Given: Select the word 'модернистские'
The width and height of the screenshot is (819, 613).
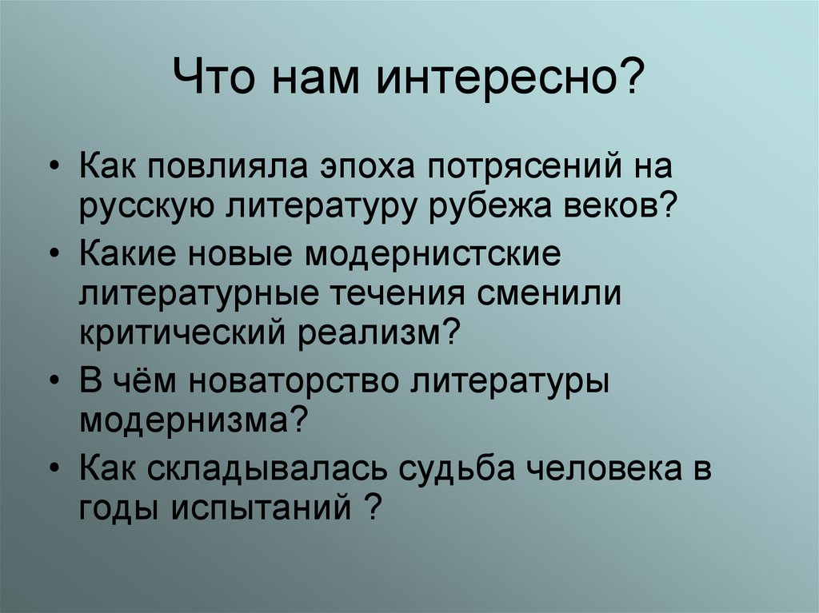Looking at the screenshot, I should [430, 257].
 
